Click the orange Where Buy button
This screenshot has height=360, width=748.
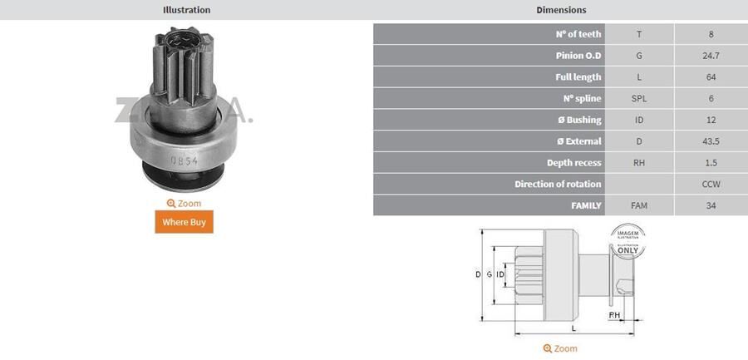(184, 222)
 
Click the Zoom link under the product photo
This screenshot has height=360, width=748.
(184, 203)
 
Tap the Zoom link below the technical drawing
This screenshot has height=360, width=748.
(560, 348)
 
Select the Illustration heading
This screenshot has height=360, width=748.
(186, 10)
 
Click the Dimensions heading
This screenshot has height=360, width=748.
(561, 10)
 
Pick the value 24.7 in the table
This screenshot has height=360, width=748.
(711, 56)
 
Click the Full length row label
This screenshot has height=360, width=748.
(578, 77)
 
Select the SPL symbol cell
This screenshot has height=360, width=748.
(639, 98)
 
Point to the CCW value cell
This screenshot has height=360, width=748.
(711, 184)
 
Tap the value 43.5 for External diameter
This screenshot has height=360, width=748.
(711, 141)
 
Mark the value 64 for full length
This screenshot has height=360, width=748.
(711, 77)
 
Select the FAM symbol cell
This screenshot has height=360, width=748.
(639, 205)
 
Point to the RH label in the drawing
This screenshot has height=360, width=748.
(614, 315)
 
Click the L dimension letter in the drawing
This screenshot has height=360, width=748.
(573, 329)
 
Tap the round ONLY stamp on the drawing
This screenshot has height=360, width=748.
(627, 240)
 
